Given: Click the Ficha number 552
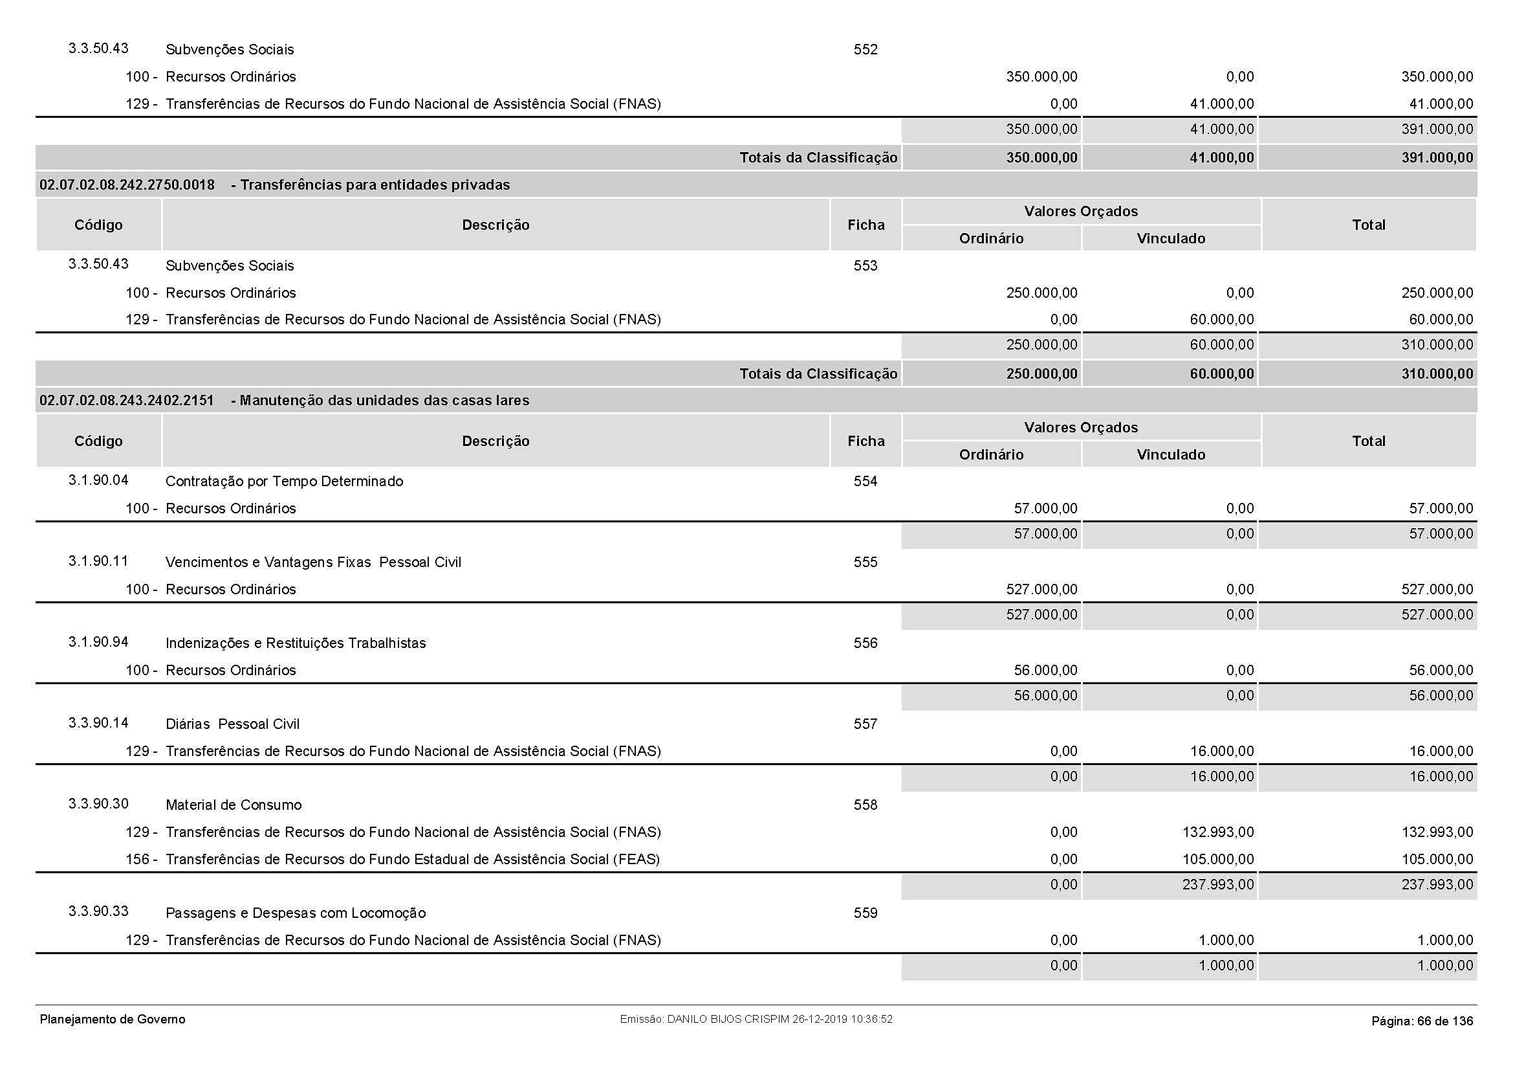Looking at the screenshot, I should click(865, 49).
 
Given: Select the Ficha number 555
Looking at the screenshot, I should click(865, 563).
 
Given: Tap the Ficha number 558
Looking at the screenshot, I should click(865, 805).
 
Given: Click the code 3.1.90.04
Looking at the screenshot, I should click(98, 480).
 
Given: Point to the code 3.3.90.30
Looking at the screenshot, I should click(98, 804).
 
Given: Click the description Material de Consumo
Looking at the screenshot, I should click(234, 805).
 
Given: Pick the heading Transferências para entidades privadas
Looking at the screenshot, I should click(375, 185).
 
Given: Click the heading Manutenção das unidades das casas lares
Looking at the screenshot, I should click(384, 401).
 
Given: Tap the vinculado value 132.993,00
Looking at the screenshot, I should click(1218, 832).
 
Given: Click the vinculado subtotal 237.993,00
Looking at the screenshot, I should click(1218, 885).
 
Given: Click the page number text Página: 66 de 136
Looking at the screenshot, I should click(1422, 1021).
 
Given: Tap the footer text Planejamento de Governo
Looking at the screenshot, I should click(113, 1020).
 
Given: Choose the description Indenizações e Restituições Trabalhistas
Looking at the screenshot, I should click(295, 643).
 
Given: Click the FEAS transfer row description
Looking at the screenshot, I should click(413, 859).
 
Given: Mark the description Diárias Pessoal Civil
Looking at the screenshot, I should click(232, 724).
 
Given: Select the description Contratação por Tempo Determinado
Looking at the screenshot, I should click(284, 481).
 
